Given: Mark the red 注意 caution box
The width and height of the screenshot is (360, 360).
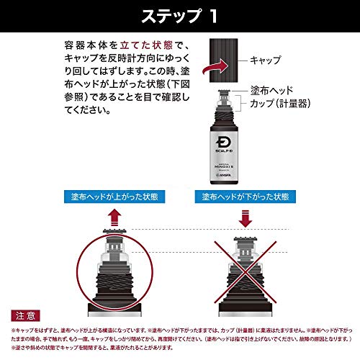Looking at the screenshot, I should (x=25, y=315).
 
